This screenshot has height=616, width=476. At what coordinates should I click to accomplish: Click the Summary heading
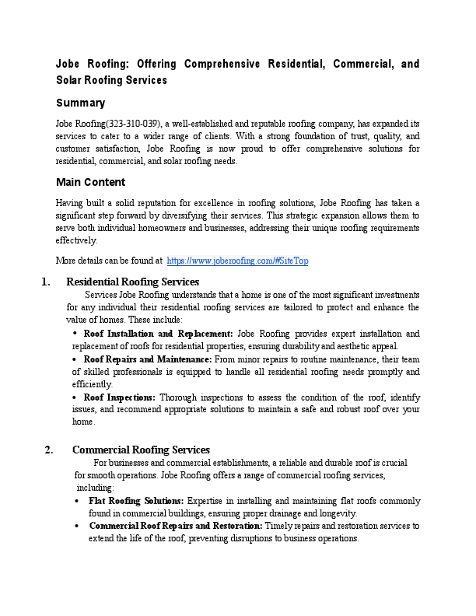(x=80, y=103)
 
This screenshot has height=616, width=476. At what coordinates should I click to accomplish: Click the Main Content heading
(x=90, y=182)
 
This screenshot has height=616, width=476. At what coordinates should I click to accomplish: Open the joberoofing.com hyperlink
(x=237, y=261)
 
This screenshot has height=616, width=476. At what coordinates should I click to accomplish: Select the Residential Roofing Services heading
(x=132, y=282)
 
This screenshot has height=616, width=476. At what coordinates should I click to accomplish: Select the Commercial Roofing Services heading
(x=141, y=450)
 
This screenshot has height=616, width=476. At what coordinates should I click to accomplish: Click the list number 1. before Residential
(x=46, y=282)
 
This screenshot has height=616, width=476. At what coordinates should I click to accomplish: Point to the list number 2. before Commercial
(x=50, y=450)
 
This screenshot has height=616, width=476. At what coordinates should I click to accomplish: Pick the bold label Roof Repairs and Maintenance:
(x=147, y=359)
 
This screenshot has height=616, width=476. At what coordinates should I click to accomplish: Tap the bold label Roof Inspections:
(x=119, y=397)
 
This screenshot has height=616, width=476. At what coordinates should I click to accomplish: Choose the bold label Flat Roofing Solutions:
(x=136, y=501)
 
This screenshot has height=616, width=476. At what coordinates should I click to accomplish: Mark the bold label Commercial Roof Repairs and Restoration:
(x=175, y=527)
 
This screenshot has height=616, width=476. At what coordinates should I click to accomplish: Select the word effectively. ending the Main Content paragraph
(x=75, y=240)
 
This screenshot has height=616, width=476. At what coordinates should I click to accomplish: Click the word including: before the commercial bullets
(x=95, y=488)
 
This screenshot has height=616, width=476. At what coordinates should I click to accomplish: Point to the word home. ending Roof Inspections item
(x=83, y=422)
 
